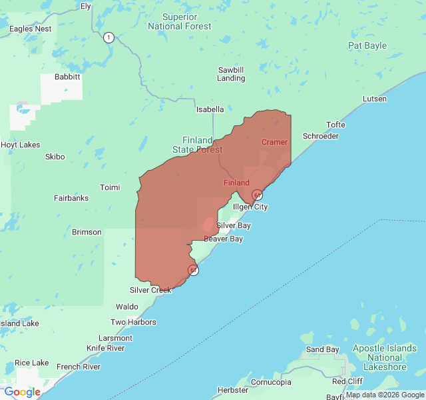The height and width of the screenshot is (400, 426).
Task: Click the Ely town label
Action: (85, 6)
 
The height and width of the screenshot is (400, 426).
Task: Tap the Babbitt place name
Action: (67, 77)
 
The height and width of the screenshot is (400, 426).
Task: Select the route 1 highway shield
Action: (108, 37)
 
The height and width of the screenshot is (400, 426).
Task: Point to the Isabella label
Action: (210, 109)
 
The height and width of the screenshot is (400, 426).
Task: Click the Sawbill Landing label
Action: (231, 74)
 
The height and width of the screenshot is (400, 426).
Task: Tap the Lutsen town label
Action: (374, 99)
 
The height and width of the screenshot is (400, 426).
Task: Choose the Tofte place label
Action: (335, 125)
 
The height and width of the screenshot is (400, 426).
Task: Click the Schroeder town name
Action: (321, 136)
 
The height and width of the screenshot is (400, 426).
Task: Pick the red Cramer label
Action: (274, 142)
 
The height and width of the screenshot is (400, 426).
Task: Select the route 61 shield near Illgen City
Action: (257, 195)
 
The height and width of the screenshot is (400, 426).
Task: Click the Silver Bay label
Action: (233, 226)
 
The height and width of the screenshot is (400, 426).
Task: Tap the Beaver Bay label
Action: (223, 239)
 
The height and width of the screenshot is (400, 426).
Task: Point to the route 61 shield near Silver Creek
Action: (193, 270)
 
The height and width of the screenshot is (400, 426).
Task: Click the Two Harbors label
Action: (133, 323)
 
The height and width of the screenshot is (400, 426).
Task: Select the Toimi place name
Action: (109, 187)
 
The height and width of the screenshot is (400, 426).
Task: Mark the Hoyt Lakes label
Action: (20, 145)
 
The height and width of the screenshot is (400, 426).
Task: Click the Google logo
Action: (22, 392)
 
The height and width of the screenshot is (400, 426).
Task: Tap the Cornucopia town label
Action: (271, 383)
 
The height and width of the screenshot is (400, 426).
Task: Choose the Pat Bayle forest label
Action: (367, 46)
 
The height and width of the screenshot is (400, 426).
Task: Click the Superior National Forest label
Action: (180, 21)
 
